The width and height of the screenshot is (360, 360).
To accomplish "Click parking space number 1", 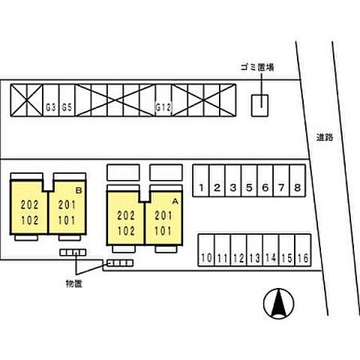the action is (201, 181).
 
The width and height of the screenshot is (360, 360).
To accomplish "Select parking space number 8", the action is (298, 181).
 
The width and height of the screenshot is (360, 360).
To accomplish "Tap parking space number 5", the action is (249, 181).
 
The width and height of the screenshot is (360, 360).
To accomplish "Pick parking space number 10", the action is (206, 250).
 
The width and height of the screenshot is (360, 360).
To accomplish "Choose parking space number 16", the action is (303, 250).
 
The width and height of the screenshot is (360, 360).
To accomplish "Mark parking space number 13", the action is (255, 250).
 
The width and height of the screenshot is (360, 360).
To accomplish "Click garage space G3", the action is (51, 100).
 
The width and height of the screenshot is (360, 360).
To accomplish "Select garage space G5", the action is (67, 100).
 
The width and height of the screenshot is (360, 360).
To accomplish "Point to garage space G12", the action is (163, 100).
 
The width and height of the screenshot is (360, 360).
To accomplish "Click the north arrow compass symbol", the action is (278, 303).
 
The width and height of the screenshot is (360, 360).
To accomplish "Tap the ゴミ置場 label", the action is (257, 67).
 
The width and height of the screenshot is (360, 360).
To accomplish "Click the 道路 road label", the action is (325, 137).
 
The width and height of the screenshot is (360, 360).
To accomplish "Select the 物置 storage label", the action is (74, 283).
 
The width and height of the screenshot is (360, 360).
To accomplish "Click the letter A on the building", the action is (175, 201).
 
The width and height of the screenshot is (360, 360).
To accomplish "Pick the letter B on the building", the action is (79, 190).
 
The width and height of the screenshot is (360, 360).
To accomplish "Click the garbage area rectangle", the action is (259, 106).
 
